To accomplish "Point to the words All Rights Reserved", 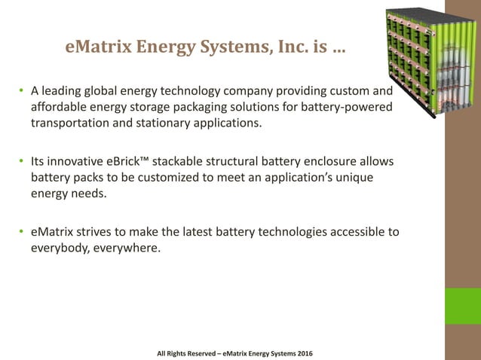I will point(185,353).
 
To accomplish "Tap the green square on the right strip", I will point(463,304).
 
